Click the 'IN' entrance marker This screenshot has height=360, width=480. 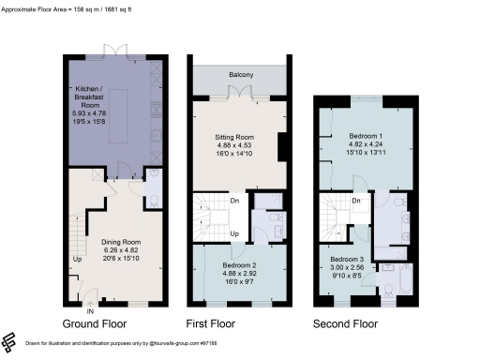coord(90,310)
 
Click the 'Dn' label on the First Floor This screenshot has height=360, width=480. coord(233,199)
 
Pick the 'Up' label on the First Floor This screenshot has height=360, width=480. coord(233,232)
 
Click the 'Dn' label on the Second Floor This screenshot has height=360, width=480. coord(357,199)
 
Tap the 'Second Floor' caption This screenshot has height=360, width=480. coord(345,324)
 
